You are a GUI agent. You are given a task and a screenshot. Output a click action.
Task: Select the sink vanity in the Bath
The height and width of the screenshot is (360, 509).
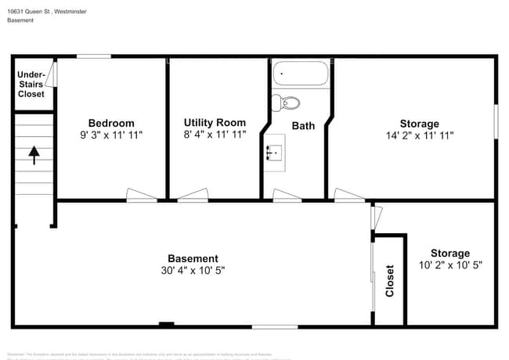(275, 152)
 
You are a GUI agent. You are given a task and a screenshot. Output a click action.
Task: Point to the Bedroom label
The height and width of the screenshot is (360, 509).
(110, 123)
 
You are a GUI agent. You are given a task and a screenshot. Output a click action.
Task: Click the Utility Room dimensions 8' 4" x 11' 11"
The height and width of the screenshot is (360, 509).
(215, 135)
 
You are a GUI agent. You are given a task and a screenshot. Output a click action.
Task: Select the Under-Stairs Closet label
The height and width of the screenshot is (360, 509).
(31, 84)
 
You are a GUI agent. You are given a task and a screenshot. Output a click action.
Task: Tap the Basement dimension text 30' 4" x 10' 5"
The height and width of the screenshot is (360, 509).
(193, 271)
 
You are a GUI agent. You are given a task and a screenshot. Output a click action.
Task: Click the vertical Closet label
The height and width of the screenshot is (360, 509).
(389, 281)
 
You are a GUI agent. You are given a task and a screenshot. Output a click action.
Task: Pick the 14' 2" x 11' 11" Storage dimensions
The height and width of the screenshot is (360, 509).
(419, 135)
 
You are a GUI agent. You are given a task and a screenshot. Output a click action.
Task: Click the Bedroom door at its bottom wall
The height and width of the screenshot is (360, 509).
(142, 196)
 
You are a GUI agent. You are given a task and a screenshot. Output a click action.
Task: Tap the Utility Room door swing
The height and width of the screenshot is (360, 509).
(193, 196)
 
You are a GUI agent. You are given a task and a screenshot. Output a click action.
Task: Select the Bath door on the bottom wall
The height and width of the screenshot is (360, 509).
(287, 196)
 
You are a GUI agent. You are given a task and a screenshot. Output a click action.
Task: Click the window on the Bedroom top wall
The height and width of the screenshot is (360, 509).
(93, 56)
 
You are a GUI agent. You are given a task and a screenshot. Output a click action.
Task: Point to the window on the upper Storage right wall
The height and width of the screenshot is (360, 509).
(495, 122)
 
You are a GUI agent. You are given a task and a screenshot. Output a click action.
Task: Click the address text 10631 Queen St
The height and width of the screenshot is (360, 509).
(31, 10)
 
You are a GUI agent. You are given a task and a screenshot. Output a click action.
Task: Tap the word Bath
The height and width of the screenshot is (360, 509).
(303, 125)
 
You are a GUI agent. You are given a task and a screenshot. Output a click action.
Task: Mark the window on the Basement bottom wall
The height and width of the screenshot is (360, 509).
(274, 326)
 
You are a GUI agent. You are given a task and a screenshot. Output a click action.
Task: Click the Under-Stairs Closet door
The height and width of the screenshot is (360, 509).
(53, 74)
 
